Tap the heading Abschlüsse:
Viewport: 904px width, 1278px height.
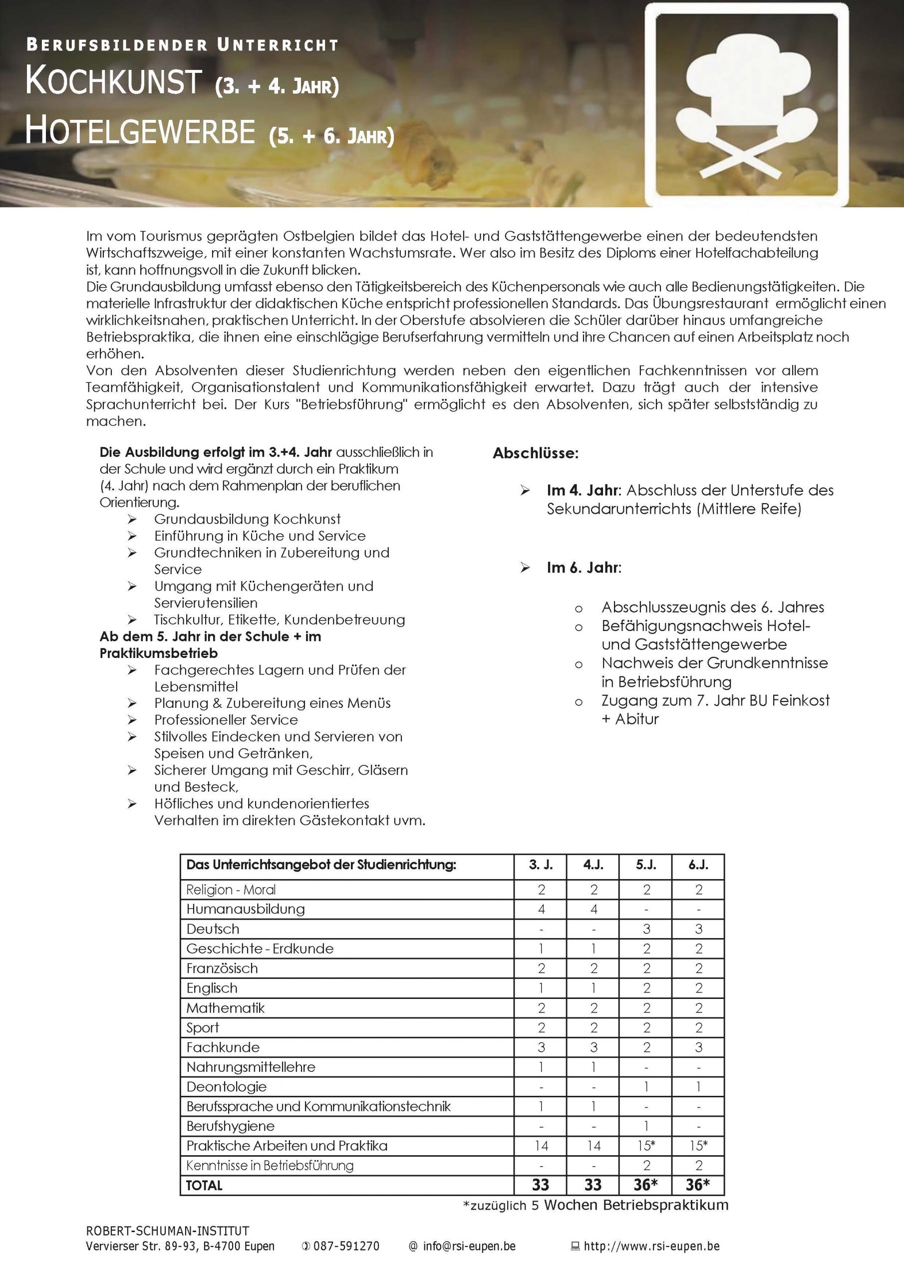(535, 453)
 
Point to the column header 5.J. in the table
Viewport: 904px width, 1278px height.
(646, 865)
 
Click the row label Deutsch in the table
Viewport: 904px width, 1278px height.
(213, 929)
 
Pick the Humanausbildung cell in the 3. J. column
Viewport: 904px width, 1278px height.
(541, 909)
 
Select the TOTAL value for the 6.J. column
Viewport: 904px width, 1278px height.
(697, 1185)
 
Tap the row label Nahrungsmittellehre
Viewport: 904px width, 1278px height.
(251, 1066)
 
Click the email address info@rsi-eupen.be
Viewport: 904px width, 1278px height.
(469, 1246)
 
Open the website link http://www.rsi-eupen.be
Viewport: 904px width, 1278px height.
(651, 1246)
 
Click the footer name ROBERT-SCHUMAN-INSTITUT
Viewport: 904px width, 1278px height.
(168, 1231)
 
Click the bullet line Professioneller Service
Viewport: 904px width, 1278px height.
(226, 720)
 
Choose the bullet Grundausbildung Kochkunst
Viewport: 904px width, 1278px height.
(247, 519)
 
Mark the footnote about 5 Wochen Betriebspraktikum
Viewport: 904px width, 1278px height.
(595, 1205)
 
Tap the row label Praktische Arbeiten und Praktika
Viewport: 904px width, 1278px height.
(287, 1146)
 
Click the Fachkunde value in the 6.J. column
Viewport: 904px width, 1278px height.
(698, 1047)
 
